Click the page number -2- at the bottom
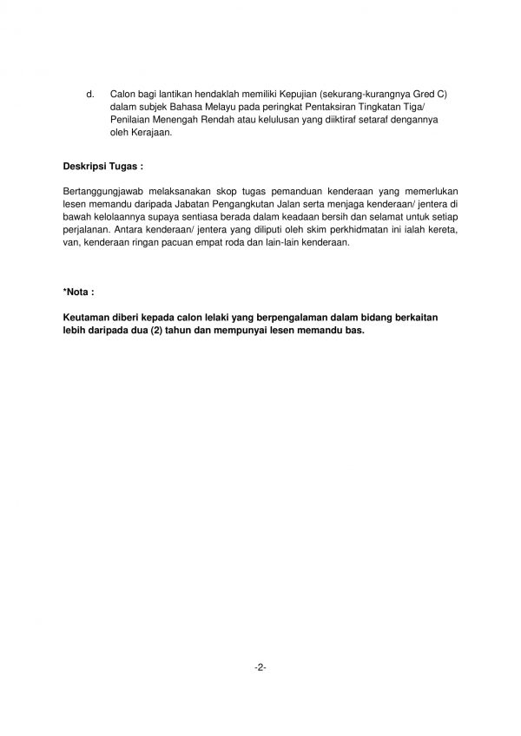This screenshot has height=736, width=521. point(260,667)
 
